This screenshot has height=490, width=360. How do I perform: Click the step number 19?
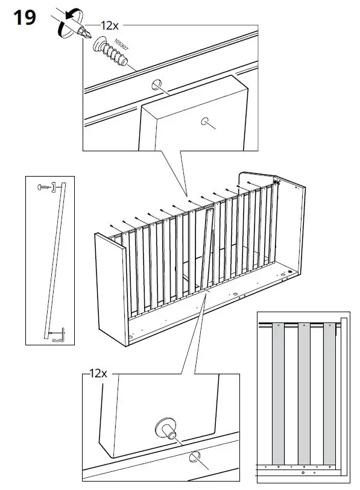[x=24, y=17]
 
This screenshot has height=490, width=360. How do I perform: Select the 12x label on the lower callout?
[x=98, y=374]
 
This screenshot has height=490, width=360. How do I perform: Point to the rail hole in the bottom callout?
[x=195, y=457]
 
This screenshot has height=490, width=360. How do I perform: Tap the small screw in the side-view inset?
[x=43, y=187]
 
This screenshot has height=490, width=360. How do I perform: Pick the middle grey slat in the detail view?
[x=305, y=392]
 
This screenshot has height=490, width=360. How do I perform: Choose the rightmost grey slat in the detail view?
[x=329, y=392]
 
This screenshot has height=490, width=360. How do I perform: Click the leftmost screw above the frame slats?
[x=112, y=226]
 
